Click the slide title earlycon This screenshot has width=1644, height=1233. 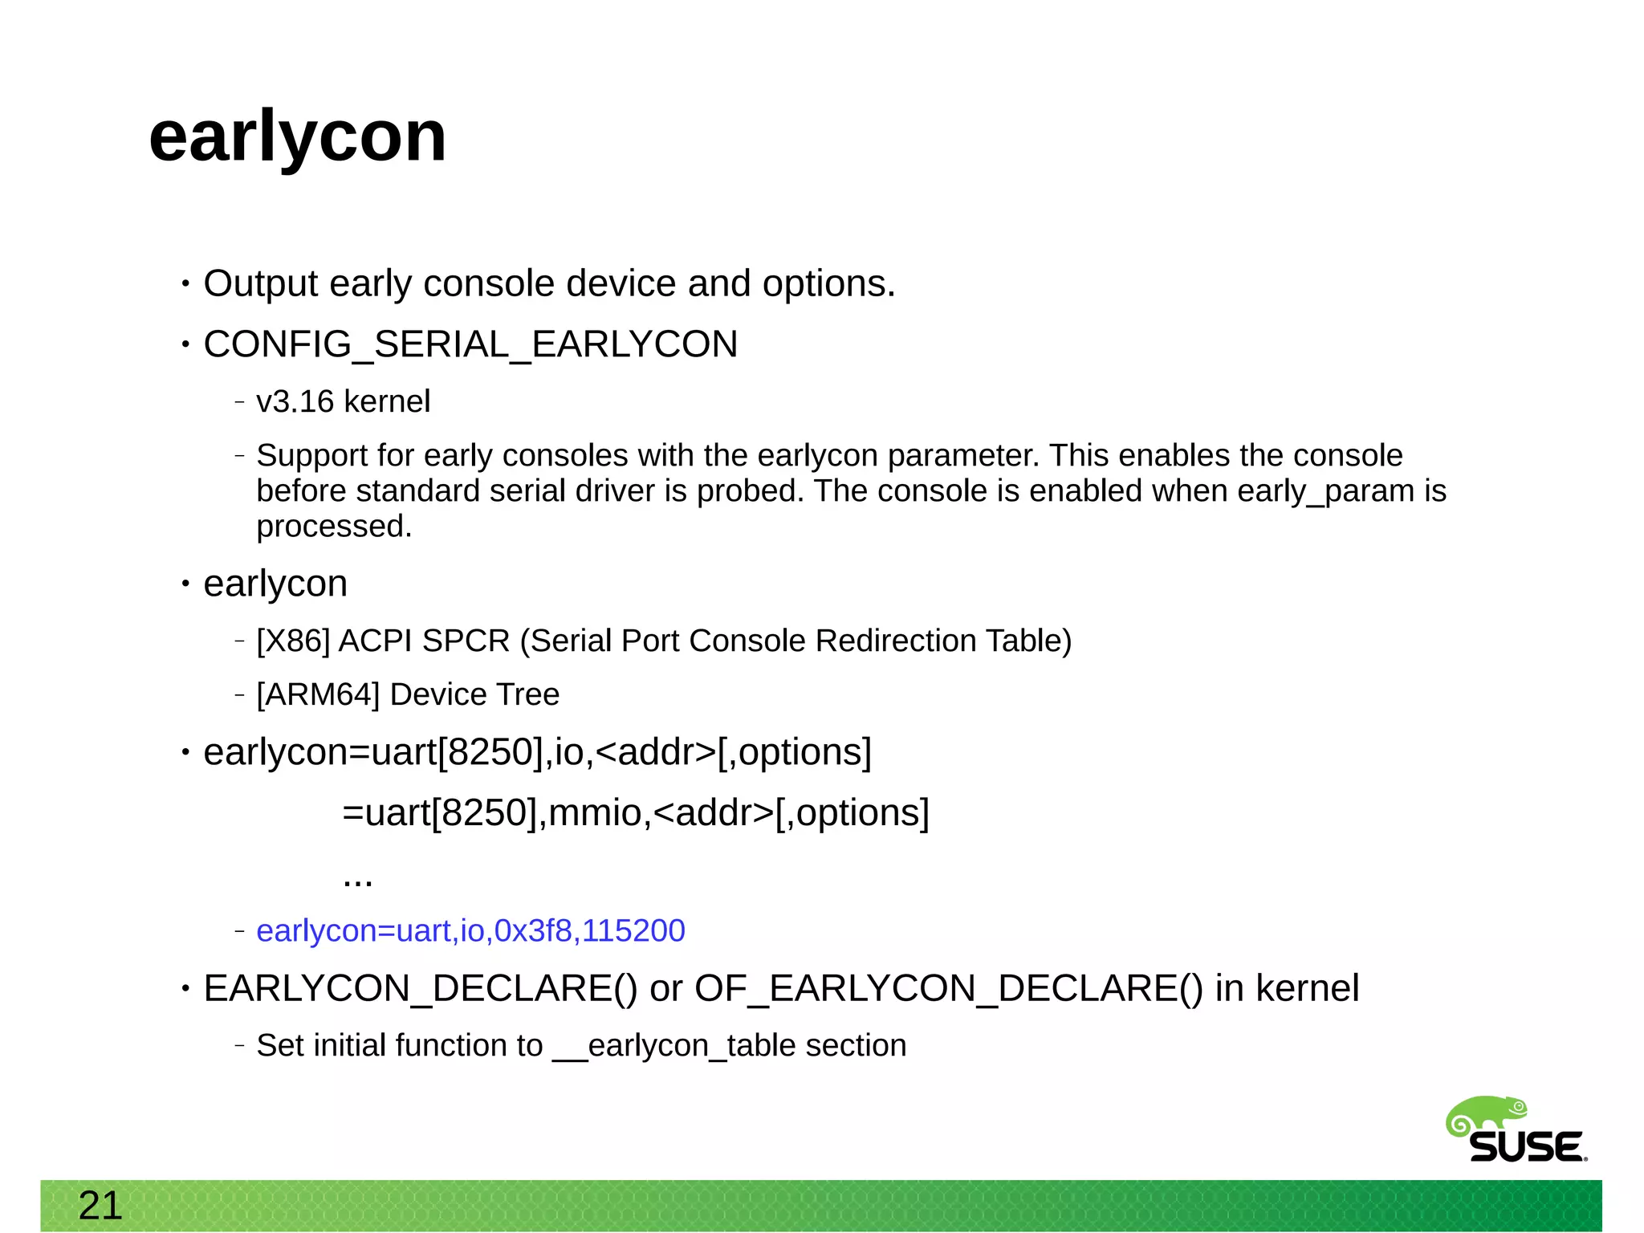coord(297,138)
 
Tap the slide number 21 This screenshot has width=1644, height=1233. coord(100,1206)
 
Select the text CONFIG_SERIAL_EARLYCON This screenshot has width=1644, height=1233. coord(470,344)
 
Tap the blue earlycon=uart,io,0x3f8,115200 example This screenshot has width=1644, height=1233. coord(470,930)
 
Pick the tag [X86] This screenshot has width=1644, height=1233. coord(293,641)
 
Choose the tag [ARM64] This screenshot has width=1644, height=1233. coord(318,694)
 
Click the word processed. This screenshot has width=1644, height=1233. coord(334,527)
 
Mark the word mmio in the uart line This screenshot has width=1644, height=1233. coord(595,812)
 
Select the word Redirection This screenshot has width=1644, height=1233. coord(895,641)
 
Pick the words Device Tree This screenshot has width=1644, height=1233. coord(474,694)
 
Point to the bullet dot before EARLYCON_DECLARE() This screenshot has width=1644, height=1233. coord(185,988)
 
